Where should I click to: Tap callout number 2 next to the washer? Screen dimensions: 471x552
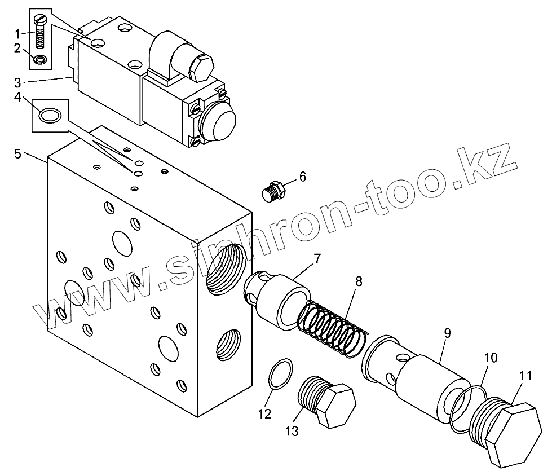click(18, 49)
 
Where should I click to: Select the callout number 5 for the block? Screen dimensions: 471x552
click(18, 153)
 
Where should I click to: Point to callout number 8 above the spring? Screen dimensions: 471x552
click(359, 280)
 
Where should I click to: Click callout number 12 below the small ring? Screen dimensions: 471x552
click(264, 414)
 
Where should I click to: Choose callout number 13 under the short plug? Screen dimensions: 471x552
click(292, 432)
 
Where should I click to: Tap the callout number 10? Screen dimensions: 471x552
click(491, 358)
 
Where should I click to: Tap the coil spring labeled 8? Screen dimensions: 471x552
click(333, 330)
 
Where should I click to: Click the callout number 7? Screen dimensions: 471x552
click(317, 259)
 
